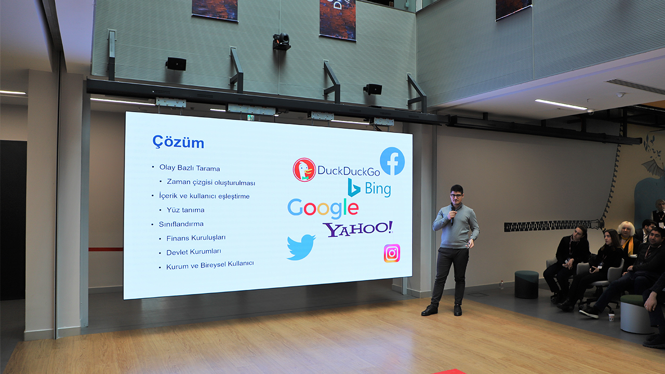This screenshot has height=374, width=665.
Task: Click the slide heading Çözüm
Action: coord(178,142)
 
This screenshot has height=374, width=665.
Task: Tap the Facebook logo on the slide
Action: coord(392,161)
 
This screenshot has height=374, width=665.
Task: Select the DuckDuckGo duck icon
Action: coord(304,170)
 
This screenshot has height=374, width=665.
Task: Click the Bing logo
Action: coord(369,188)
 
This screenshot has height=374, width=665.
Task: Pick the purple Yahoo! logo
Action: coord(358,229)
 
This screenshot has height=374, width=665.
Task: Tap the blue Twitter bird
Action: coord(301,247)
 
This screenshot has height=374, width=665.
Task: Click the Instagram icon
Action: coord(392,253)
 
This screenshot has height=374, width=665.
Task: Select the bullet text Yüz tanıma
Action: coord(185,210)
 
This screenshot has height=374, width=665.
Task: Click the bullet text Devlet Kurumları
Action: coord(194,252)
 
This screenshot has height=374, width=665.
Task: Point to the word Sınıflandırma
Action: coord(181,224)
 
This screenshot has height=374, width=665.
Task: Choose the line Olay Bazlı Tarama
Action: coord(190,168)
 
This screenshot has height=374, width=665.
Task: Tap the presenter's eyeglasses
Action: coord(456,196)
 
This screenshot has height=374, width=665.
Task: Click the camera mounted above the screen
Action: coord(281,41)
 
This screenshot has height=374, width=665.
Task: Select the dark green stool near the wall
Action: coord(526,284)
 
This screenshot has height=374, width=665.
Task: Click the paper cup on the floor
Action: coord(611,317)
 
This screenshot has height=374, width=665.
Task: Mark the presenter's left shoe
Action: coord(458,310)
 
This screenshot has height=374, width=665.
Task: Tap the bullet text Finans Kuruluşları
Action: coord(196,238)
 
